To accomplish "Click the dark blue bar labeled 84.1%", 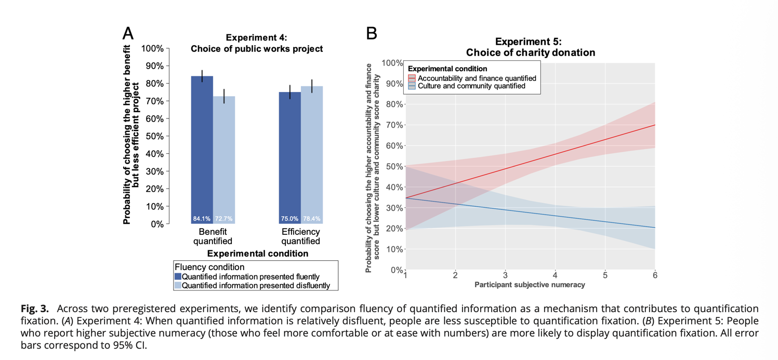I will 202,150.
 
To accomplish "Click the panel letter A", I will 128,34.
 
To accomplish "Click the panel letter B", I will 371,34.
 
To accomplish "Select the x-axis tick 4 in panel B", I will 555,275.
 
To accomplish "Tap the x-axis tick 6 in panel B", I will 654,275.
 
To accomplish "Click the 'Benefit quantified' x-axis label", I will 213,236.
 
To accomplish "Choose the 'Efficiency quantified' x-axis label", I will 300,236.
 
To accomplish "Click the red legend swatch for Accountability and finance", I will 412,78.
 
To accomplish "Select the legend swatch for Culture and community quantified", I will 412,86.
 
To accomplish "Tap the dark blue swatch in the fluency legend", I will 178,277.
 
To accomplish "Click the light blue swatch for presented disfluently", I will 178,285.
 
